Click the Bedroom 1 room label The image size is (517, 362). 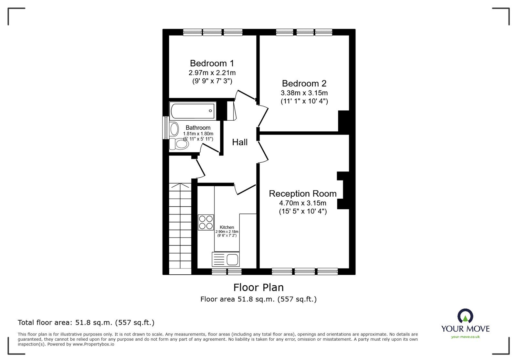click(x=212, y=63)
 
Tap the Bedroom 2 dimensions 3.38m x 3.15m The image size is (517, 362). click(x=304, y=93)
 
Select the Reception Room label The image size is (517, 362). click(x=302, y=193)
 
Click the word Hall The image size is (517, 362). click(x=240, y=142)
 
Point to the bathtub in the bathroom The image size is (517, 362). click(x=193, y=111)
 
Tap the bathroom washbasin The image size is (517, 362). click(x=174, y=129)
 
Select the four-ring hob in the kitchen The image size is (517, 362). click(x=206, y=222)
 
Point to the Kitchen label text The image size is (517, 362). click(x=227, y=227)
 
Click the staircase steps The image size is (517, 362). click(x=180, y=226)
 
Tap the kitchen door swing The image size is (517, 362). click(x=245, y=189)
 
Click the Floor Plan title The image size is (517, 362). click(x=258, y=287)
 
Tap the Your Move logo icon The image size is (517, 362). click(x=465, y=316)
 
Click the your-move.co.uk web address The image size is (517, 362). click(x=465, y=337)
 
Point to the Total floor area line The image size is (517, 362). click(x=86, y=323)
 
